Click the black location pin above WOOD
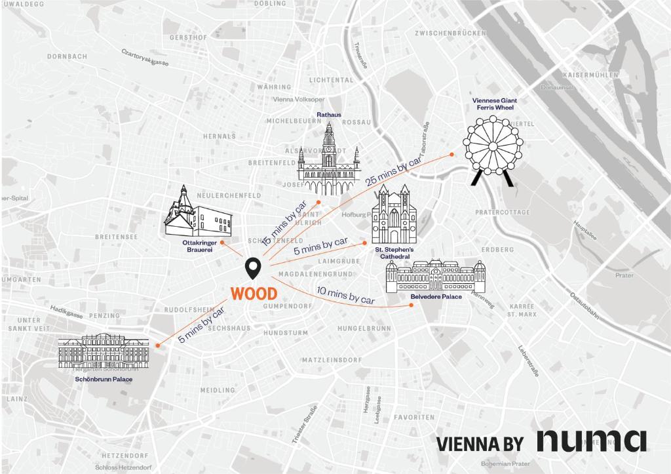[x=253, y=268]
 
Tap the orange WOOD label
[x=254, y=293]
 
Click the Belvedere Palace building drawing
[x=436, y=276]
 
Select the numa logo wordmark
[x=592, y=441]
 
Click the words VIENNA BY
[x=480, y=444]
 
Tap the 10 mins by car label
[x=345, y=296]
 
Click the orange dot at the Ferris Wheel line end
[x=452, y=154]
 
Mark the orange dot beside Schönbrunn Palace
[x=159, y=344]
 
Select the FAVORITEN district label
[x=413, y=417]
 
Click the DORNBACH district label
[x=67, y=56]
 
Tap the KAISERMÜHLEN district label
[x=590, y=75]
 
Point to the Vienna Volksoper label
[x=298, y=100]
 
